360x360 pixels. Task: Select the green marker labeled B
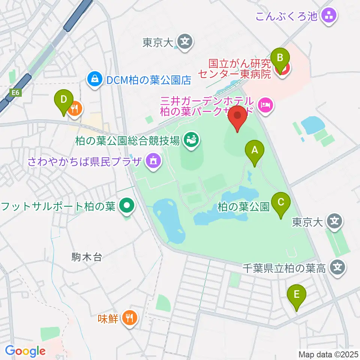(x=280, y=57)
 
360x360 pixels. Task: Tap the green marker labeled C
(x=281, y=203)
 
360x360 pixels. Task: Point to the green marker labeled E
(x=297, y=294)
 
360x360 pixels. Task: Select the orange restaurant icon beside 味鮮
(x=130, y=319)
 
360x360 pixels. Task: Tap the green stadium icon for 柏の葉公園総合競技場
(x=191, y=141)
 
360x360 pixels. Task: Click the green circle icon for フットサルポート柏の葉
(x=127, y=206)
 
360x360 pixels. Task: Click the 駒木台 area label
(x=86, y=257)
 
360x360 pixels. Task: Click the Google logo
(x=25, y=351)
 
